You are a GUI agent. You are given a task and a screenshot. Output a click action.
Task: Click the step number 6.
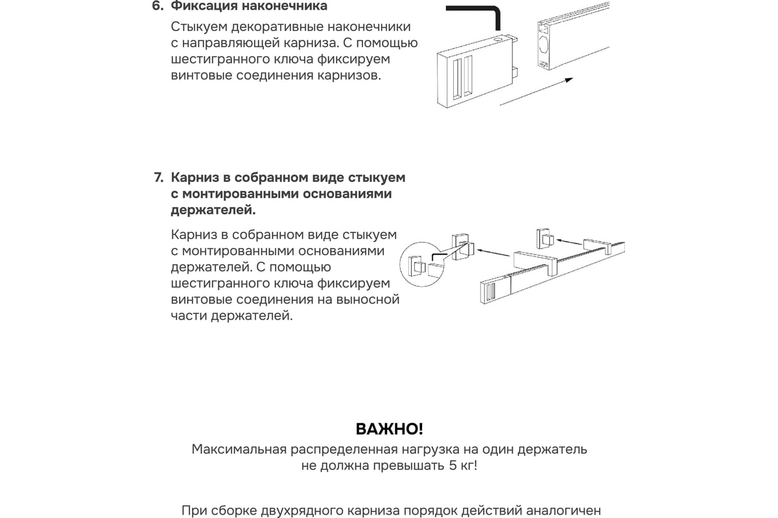(157, 7)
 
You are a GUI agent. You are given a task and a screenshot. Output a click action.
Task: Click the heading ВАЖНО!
(389, 429)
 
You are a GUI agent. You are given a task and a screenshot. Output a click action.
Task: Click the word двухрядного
(292, 510)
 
